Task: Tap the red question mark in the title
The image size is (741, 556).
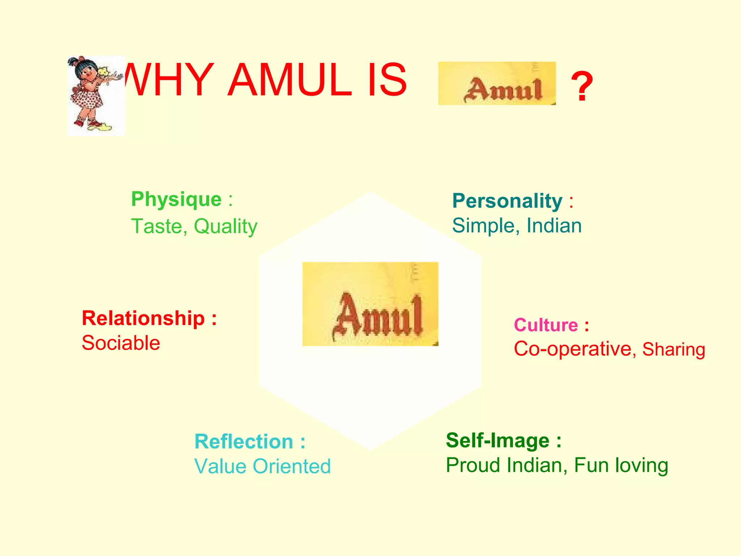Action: point(582,87)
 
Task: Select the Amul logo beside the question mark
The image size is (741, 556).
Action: point(497,84)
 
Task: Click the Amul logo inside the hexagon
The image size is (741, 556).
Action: point(370,304)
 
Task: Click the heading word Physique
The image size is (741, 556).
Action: point(176,199)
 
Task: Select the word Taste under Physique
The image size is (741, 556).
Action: point(159,226)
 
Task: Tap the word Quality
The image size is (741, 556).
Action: point(225,227)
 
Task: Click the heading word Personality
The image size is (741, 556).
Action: point(507,201)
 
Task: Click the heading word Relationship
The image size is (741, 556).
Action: point(143,318)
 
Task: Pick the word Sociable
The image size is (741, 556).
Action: point(121,343)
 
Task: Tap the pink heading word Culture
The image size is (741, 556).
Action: point(546,325)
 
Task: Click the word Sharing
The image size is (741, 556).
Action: point(674,350)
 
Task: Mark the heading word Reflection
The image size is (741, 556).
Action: point(244,442)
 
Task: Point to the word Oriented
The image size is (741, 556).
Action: point(292,466)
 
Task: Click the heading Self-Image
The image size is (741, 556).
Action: point(498,441)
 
